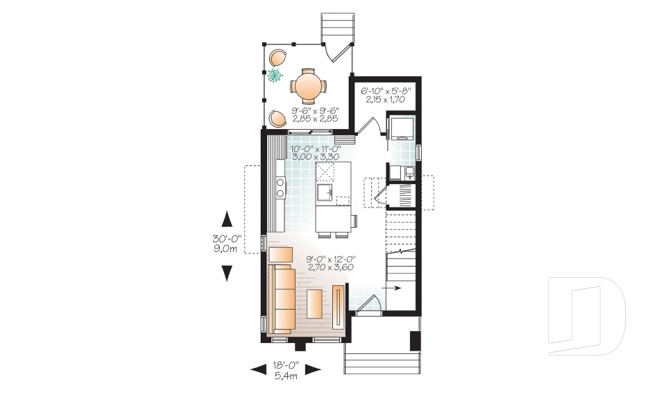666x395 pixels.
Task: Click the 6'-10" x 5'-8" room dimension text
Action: (386, 94)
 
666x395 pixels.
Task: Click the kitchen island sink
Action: (325, 190)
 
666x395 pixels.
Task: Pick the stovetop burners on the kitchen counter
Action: (281, 185)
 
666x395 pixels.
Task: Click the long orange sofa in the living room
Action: (282, 297)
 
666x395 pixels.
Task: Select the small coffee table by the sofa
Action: (314, 303)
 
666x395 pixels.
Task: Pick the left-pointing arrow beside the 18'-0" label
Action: (259, 369)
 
